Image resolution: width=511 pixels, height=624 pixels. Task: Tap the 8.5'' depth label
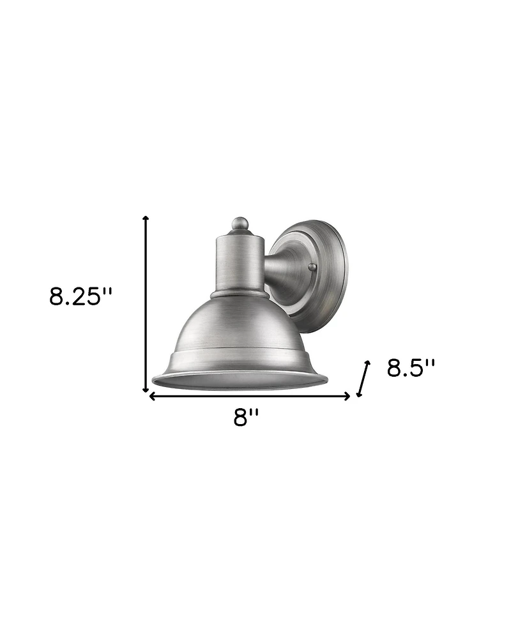click(x=411, y=369)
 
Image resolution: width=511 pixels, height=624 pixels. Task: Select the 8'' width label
click(x=246, y=418)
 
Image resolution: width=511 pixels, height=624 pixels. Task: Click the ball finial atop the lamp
click(x=240, y=224)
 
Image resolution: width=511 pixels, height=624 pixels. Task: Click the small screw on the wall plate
click(x=312, y=268)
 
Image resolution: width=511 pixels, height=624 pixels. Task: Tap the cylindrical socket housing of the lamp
click(x=240, y=262)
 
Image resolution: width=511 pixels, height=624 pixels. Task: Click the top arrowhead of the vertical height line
click(x=146, y=218)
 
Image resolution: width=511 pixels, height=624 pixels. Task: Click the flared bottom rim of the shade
click(x=240, y=381)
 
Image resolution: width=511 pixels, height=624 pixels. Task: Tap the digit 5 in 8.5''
click(x=416, y=369)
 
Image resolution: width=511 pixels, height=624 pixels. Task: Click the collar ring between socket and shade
click(x=240, y=295)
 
